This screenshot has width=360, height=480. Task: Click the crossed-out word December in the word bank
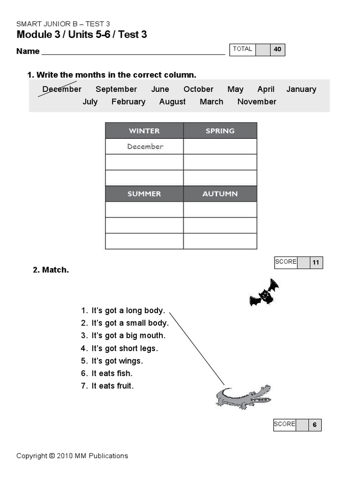61,89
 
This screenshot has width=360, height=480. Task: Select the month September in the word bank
116,89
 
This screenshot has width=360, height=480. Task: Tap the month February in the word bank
128,102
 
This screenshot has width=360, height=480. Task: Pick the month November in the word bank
257,102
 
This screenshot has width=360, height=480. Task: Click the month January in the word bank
301,89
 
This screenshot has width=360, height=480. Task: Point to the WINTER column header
144,131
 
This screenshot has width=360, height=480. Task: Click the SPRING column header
220,131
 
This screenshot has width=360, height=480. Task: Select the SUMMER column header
144,194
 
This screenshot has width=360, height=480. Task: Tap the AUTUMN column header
220,194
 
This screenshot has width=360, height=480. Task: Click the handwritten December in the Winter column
145,147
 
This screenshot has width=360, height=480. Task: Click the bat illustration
264,293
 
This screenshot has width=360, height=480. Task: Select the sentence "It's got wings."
117,361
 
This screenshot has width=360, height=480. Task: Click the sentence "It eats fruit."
112,386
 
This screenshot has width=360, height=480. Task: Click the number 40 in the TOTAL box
277,49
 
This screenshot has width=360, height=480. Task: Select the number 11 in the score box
316,262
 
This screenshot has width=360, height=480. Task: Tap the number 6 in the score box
315,425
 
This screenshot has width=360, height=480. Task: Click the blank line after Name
133,51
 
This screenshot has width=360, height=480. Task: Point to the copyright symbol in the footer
52,456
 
